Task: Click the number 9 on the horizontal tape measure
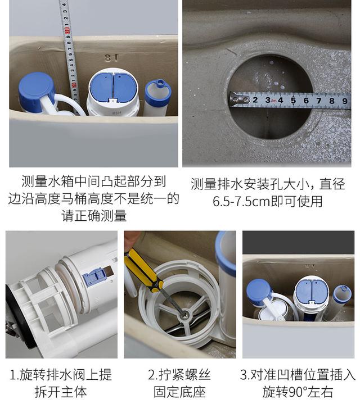click(x=345, y=101)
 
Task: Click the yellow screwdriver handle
click(x=141, y=268)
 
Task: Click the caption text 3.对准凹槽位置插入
click(x=298, y=375)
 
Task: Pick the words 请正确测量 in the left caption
click(x=94, y=216)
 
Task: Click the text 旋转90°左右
click(x=298, y=392)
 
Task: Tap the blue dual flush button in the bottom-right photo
click(x=311, y=290)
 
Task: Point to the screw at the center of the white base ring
click(x=183, y=315)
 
